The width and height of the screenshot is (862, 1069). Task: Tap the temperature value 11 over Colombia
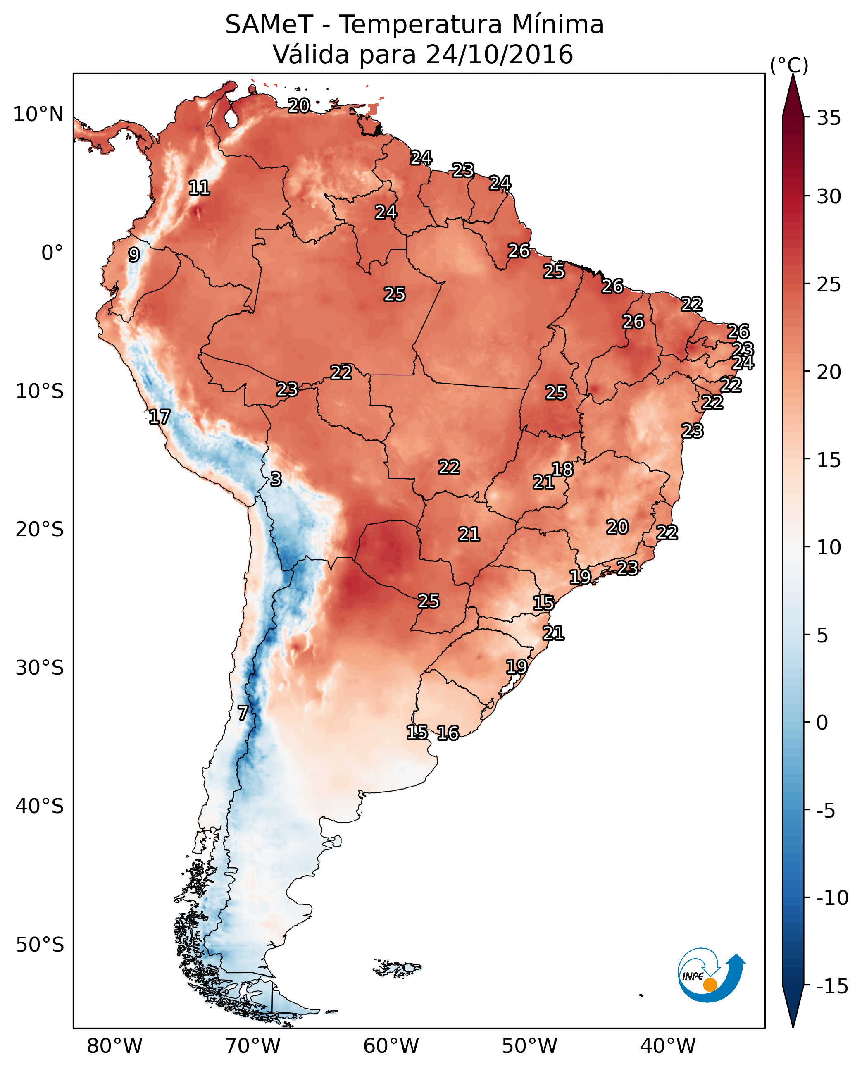[199, 188]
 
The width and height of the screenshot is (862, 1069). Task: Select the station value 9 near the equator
[134, 255]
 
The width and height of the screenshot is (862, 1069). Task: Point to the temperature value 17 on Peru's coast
[160, 417]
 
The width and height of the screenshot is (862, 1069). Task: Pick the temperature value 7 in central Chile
[242, 713]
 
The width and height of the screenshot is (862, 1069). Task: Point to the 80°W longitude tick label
[115, 1046]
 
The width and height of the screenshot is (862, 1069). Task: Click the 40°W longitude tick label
[668, 1046]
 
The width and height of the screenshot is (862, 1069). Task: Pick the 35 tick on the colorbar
[829, 118]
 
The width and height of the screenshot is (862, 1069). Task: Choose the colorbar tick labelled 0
[822, 722]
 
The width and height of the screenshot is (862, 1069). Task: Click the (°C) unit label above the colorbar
[789, 65]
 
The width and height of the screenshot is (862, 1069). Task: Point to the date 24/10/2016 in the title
[500, 54]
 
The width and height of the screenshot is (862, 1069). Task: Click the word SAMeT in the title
[269, 24]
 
